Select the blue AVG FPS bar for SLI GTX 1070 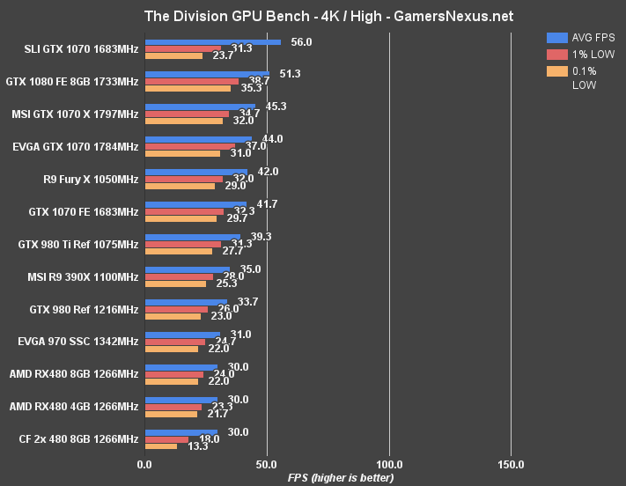pyautogui.click(x=212, y=41)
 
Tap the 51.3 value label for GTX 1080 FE pyautogui.click(x=290, y=74)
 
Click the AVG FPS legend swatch pyautogui.click(x=556, y=38)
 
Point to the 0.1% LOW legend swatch pyautogui.click(x=556, y=71)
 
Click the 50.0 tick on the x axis pyautogui.click(x=268, y=464)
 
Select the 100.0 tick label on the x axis pyautogui.click(x=389, y=464)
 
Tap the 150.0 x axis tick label pyautogui.click(x=511, y=464)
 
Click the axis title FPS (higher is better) pyautogui.click(x=339, y=477)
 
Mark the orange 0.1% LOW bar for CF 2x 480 pyautogui.click(x=160, y=446)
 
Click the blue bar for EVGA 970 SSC pyautogui.click(x=182, y=335)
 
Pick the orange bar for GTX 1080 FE pyautogui.click(x=188, y=89)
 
